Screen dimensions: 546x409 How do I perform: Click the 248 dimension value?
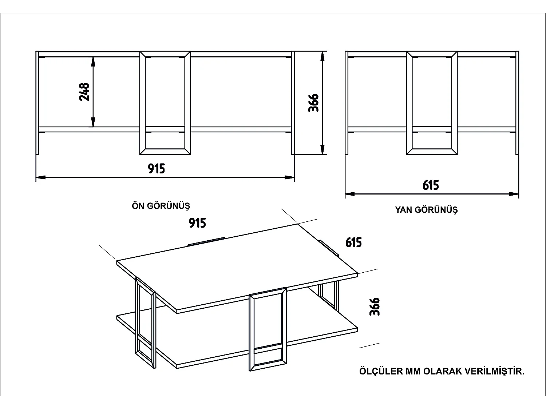tap(84, 92)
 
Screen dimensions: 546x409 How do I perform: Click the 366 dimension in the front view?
tap(313, 103)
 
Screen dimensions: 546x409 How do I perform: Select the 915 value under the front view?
tap(157, 169)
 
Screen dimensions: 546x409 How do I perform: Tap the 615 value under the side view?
tap(431, 185)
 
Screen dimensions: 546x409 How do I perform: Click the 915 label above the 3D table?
tap(198, 223)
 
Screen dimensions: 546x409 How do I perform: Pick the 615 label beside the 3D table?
tap(354, 242)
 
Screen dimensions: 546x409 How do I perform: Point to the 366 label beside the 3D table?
tap(375, 306)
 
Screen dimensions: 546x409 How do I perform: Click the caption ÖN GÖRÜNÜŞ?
tap(161, 206)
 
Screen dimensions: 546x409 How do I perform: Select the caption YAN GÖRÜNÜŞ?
tap(426, 210)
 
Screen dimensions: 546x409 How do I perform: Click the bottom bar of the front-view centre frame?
tap(165, 152)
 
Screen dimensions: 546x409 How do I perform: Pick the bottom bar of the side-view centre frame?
tap(432, 152)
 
